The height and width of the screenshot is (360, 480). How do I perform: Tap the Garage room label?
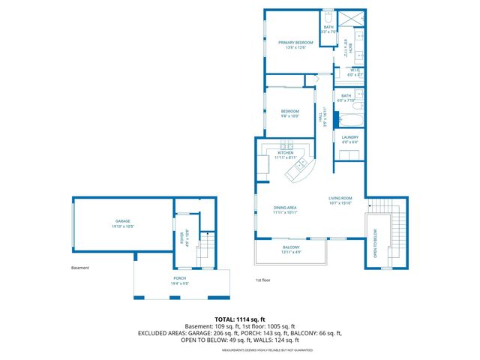click(122, 221)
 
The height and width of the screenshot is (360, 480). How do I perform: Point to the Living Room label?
click(340, 198)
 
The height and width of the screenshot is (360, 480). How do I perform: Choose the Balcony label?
click(291, 247)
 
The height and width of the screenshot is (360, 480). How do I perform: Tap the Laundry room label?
click(350, 137)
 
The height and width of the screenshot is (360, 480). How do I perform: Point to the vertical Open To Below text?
click(374, 245)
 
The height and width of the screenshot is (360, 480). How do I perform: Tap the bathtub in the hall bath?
click(350, 118)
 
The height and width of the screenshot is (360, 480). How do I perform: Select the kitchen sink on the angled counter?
click(301, 164)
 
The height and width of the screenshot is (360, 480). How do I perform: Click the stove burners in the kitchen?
click(286, 145)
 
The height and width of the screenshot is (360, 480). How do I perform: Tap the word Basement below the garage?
click(79, 268)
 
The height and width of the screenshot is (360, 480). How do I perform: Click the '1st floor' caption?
click(262, 280)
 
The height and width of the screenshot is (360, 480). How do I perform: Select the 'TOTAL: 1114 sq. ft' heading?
click(239, 319)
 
